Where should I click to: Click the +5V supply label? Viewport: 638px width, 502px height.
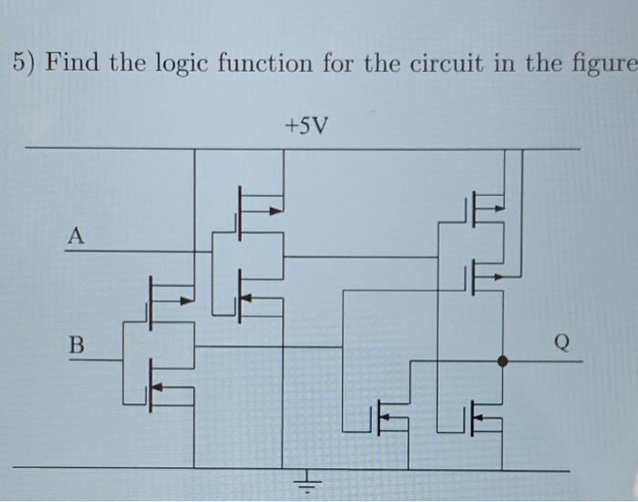[x=305, y=124]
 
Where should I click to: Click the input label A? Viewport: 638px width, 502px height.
[x=76, y=237]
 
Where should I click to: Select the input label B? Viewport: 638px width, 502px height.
[x=77, y=345]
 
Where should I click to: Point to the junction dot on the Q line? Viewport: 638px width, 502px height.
[x=502, y=361]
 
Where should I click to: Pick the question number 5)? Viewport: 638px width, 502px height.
[x=25, y=65]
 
